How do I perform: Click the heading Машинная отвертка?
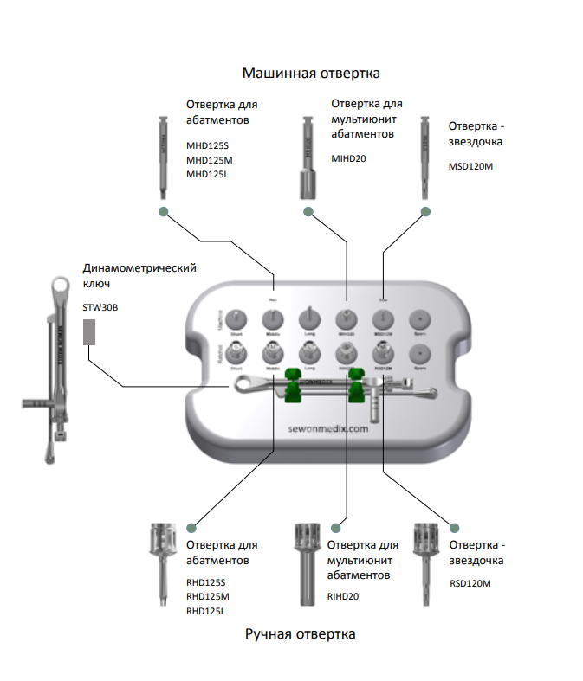(x=310, y=73)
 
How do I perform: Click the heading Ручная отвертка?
(x=300, y=634)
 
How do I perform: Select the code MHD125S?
(x=210, y=145)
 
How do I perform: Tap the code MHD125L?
(x=210, y=174)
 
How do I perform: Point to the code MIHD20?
(x=349, y=158)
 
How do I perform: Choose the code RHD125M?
(x=210, y=597)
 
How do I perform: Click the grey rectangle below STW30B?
(x=88, y=332)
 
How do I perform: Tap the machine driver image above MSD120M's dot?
(x=424, y=156)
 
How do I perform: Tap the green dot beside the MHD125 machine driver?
(x=162, y=211)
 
